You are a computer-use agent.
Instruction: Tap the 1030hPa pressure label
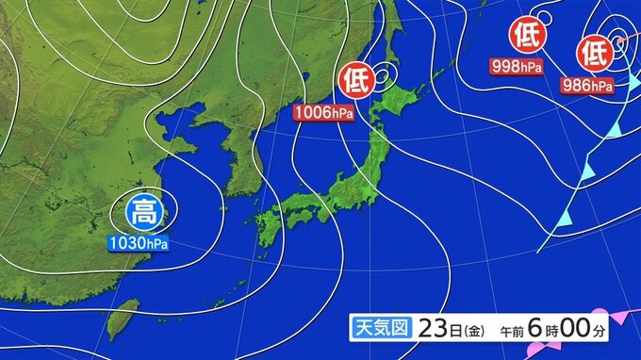[138, 244]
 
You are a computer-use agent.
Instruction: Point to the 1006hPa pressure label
[323, 113]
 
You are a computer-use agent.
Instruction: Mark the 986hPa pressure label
[586, 86]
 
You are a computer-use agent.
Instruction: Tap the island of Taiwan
[122, 319]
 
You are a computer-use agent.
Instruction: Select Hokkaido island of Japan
[403, 98]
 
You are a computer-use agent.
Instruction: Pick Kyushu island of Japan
[266, 226]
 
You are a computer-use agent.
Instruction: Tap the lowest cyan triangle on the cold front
[563, 219]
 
